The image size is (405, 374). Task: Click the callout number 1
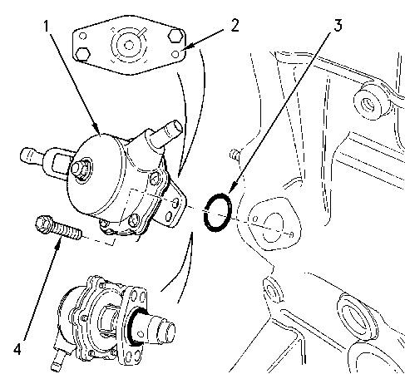click(46, 27)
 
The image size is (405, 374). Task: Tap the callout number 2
click(235, 27)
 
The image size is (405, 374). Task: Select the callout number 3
click(338, 26)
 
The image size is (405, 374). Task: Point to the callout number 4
click(17, 349)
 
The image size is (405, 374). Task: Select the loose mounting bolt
click(58, 228)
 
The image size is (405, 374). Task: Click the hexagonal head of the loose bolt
click(43, 224)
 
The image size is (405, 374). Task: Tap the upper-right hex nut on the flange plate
click(175, 35)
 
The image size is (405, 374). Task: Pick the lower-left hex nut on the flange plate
click(82, 54)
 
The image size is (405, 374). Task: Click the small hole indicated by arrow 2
click(175, 54)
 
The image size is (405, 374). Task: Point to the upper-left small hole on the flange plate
click(82, 36)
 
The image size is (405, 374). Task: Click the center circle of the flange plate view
click(128, 45)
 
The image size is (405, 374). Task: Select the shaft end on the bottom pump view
click(163, 329)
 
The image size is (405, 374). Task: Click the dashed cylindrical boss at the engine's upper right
click(373, 101)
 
